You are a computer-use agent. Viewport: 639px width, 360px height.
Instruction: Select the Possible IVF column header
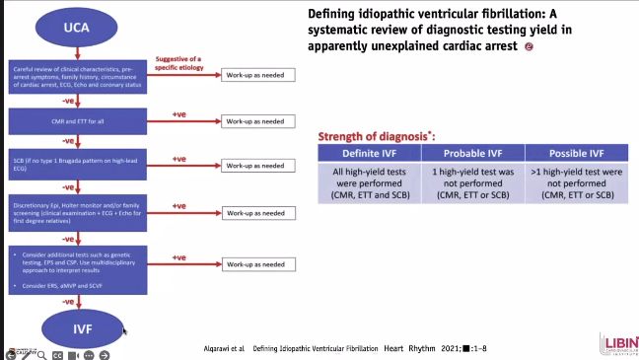[x=573, y=153]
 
